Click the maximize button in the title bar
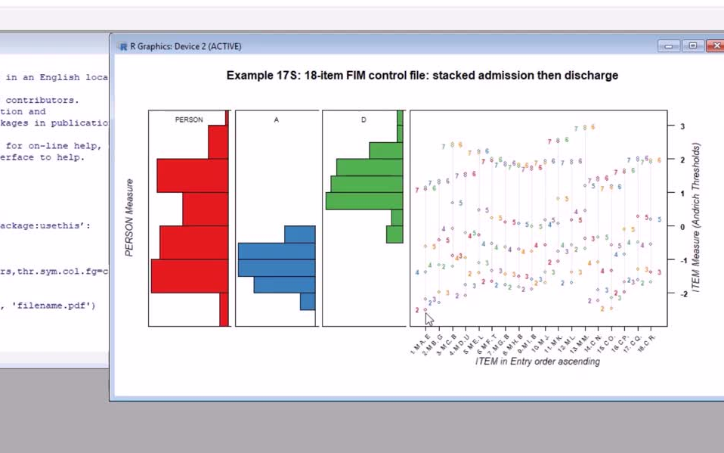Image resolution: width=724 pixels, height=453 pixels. click(x=692, y=46)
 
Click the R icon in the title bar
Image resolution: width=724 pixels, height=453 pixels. click(x=123, y=46)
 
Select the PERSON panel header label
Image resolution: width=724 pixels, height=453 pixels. click(x=189, y=119)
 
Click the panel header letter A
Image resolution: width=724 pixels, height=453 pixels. click(x=276, y=119)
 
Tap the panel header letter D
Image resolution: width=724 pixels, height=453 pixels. click(x=364, y=119)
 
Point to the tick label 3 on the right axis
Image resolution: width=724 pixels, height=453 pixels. click(x=682, y=126)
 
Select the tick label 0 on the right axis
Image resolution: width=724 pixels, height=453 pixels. click(x=682, y=227)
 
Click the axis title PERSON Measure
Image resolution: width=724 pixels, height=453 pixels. click(x=129, y=218)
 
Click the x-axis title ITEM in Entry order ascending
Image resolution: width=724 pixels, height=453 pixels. click(x=537, y=361)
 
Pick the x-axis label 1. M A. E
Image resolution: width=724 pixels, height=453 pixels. click(x=422, y=343)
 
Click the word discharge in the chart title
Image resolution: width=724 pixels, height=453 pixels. click(x=595, y=76)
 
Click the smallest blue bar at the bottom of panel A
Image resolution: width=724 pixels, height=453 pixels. click(x=308, y=301)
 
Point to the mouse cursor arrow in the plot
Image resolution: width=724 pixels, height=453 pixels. click(x=429, y=318)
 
